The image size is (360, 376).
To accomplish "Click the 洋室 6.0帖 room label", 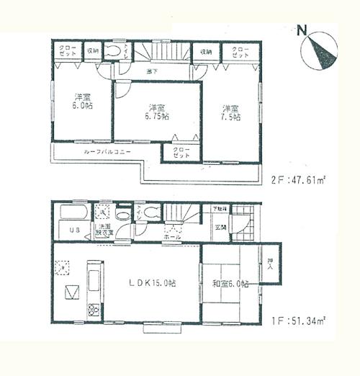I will tap(83, 102).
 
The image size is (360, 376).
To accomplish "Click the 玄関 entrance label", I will tap(220, 228).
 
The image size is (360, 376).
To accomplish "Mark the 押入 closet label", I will tap(270, 265).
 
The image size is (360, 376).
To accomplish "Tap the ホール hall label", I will tap(173, 236).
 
